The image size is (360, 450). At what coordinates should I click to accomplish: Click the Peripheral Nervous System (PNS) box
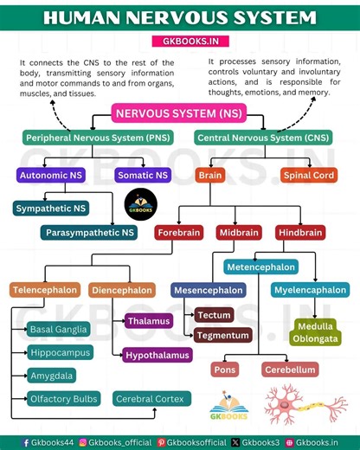[x=98, y=138]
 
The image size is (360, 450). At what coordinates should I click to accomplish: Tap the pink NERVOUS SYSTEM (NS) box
[x=179, y=113]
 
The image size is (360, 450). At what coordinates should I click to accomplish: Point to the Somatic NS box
[x=142, y=175]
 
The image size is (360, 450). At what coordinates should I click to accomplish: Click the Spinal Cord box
[x=309, y=175]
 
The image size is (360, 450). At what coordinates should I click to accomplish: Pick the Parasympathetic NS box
[x=89, y=232]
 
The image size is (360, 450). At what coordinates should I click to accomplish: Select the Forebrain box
[x=179, y=232]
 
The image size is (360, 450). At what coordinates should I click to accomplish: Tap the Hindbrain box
[x=300, y=232]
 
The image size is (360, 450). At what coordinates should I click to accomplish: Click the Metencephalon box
[x=260, y=267]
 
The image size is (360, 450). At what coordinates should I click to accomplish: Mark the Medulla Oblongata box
[x=315, y=331]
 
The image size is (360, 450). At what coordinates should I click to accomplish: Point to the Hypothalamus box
[x=157, y=355]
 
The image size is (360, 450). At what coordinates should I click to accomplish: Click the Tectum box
[x=213, y=315]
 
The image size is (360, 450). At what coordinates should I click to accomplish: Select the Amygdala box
[x=52, y=376]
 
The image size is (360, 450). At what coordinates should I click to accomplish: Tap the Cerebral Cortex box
[x=147, y=399]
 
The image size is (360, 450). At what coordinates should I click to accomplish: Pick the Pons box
[x=225, y=370]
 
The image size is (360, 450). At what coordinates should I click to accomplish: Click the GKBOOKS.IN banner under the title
[x=179, y=41]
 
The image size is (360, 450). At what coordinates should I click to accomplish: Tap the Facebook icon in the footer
[x=26, y=442]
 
